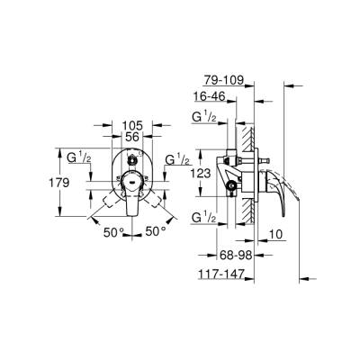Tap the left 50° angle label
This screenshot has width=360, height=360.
[112, 232]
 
